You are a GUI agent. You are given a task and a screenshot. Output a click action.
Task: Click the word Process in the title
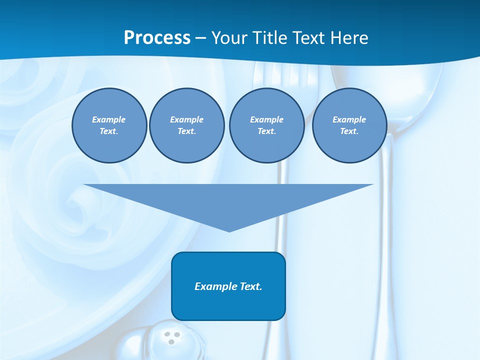(157, 38)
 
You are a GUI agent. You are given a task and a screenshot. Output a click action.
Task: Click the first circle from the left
(109, 125)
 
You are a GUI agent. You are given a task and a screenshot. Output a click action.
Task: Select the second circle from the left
(186, 125)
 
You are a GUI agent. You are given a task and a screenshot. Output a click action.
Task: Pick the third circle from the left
(266, 125)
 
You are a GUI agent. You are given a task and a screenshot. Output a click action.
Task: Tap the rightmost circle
(349, 125)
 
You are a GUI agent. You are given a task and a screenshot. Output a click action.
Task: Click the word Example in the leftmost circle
(109, 119)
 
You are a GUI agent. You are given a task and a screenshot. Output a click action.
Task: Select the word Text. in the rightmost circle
(349, 131)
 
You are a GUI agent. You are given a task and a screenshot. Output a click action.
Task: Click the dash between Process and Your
(200, 38)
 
